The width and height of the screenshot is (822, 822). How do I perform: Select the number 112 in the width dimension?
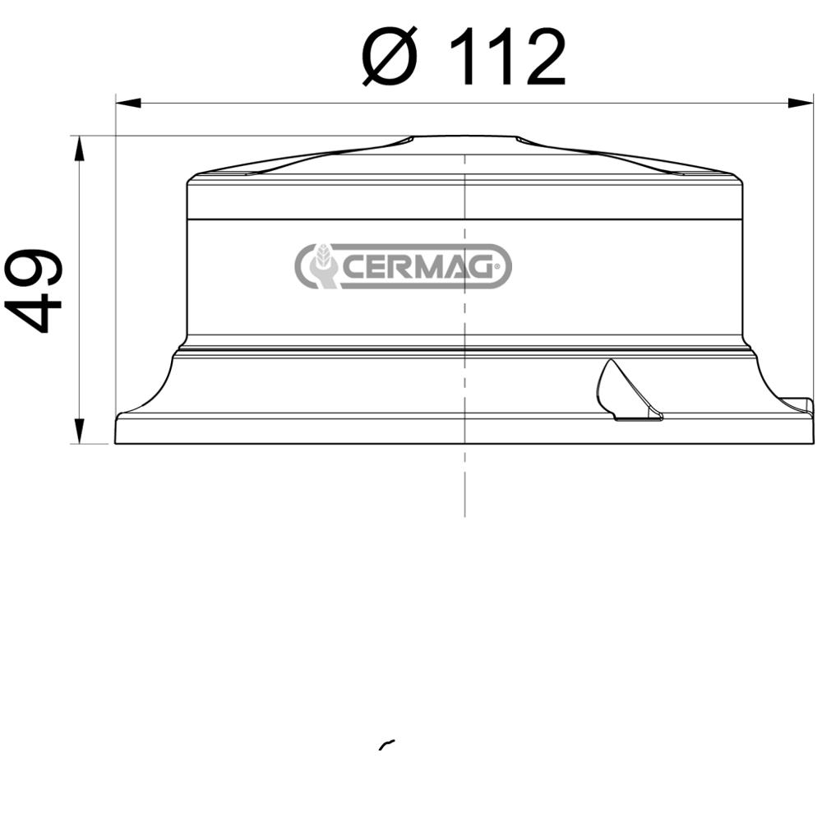coord(508,57)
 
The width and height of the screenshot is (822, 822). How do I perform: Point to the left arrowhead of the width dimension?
coord(128,103)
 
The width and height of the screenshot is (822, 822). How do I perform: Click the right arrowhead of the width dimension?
coord(801,103)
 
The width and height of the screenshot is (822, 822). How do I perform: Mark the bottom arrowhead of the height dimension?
coord(79,430)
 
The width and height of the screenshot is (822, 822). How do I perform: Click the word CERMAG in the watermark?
coord(419,266)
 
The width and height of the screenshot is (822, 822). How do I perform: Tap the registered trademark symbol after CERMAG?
coord(497,265)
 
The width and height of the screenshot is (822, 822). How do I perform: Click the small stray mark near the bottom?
coord(386,744)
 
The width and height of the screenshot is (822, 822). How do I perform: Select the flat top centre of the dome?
coord(464,140)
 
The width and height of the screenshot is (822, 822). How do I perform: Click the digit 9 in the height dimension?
coord(34,267)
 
